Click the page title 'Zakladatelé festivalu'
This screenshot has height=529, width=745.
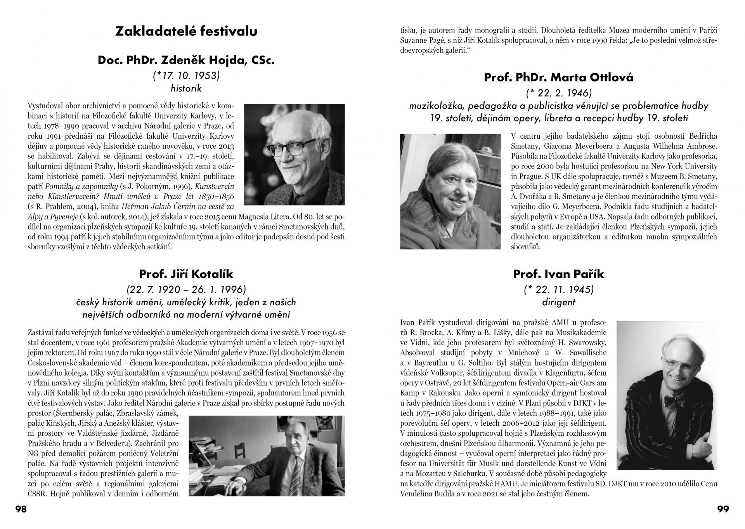coord(186,31)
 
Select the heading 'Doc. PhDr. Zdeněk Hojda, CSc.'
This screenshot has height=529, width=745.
coord(186,61)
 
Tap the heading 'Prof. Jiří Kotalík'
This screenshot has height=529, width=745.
coord(186,274)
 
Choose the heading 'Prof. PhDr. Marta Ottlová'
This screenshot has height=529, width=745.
coord(558,78)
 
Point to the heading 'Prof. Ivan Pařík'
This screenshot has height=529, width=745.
coord(558,274)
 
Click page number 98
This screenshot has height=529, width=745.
coord(21,509)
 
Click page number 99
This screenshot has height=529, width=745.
coord(723,509)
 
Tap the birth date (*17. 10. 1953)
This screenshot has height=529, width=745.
coord(186,76)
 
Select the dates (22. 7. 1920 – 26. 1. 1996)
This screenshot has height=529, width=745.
coord(186,289)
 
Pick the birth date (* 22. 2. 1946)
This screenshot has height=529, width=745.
coord(558,93)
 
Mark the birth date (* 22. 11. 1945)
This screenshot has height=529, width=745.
coord(558,289)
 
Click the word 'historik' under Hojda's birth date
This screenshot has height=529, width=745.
coord(186,89)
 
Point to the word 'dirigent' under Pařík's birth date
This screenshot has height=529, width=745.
coord(558,302)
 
